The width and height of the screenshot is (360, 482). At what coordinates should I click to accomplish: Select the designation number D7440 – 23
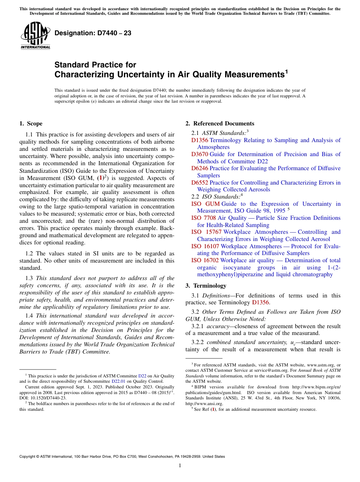(93, 33)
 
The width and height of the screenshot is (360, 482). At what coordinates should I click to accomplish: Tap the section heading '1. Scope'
(31, 124)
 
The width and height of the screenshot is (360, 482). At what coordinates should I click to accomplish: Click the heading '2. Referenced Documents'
(220, 124)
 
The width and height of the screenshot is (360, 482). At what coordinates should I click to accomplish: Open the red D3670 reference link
(200, 154)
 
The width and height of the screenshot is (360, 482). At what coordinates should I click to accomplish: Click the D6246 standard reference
(200, 168)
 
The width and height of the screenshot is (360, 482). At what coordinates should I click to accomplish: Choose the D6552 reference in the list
(200, 183)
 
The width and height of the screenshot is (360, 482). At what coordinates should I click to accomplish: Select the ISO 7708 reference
(203, 218)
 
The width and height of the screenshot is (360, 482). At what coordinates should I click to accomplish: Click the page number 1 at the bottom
(180, 466)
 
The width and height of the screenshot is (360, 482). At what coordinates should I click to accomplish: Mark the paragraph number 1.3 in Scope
(29, 278)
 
